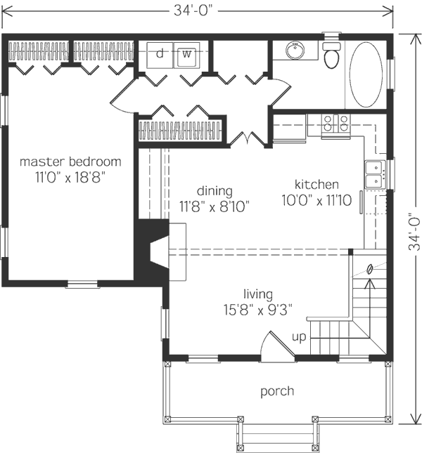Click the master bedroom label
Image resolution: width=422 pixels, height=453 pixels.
coord(70,162)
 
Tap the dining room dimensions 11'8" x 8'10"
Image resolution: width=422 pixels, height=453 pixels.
coord(215,206)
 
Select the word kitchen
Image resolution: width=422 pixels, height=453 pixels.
coord(316,184)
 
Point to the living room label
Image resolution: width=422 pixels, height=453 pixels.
coord(258,294)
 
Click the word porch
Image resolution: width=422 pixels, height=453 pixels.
coord(277,391)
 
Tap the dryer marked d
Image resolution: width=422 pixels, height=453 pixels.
coord(160,55)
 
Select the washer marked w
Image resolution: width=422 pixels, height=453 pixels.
coord(187,55)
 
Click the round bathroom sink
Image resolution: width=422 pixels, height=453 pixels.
coord(295,50)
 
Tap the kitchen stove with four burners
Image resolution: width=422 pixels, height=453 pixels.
coord(335,124)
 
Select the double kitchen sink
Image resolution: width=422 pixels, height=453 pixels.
coord(375,174)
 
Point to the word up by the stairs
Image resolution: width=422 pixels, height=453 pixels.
coord(299,337)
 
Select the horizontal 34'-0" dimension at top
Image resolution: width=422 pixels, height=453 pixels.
coord(197,11)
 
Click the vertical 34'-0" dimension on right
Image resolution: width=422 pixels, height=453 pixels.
coord(416,229)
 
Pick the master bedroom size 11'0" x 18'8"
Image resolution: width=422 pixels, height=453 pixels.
coord(70,177)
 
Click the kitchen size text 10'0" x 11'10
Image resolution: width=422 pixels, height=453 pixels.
coord(316,200)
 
